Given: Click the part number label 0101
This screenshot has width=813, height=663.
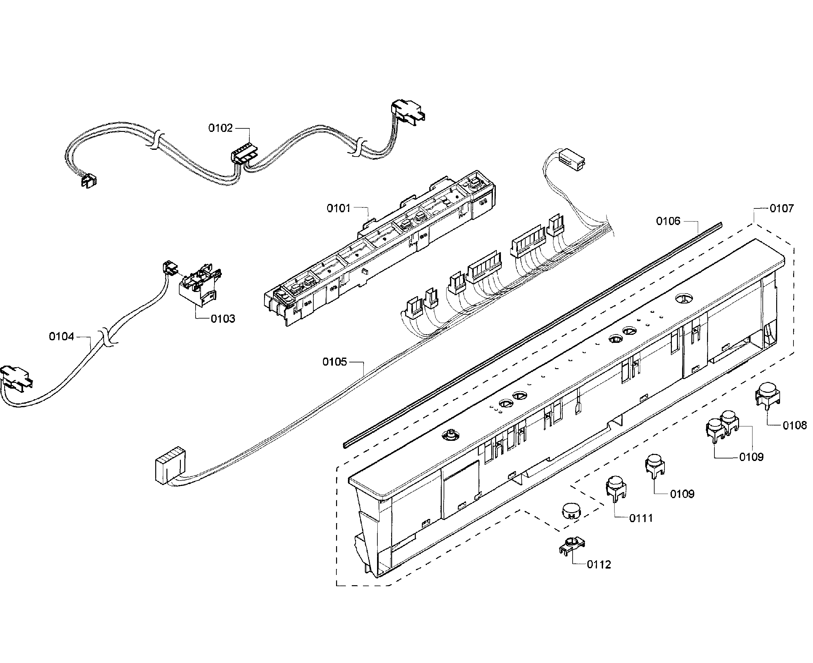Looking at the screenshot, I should (x=338, y=208).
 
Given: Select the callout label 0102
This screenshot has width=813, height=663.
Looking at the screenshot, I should (x=220, y=128).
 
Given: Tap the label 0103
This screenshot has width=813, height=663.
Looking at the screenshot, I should (x=223, y=319).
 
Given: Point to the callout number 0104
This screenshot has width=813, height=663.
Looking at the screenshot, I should (x=61, y=336).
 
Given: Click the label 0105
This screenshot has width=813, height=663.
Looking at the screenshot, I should (x=334, y=362).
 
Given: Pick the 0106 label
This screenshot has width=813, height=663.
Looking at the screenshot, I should (x=668, y=221).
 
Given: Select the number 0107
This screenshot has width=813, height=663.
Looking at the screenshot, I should (x=781, y=208).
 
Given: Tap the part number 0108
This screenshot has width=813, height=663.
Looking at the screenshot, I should (x=794, y=425).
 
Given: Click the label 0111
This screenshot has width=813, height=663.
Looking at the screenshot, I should (x=641, y=518).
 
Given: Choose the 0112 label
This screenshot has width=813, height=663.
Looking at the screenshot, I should (x=599, y=564).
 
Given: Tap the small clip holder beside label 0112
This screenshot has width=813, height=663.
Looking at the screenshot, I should (x=572, y=545).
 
